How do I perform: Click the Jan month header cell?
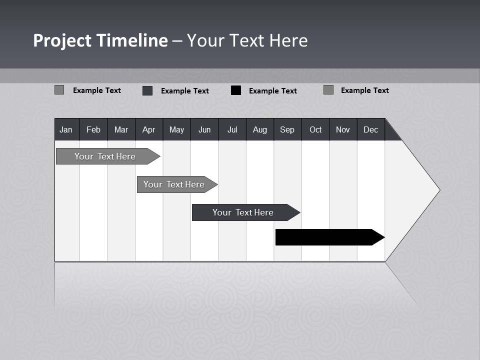66,129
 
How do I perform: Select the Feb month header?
93,129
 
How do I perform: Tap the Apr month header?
149,129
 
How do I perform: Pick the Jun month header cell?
204,129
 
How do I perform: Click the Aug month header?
260,129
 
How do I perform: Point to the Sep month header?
287,129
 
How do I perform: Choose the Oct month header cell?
315,129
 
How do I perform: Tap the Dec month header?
371,129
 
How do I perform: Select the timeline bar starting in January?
105,156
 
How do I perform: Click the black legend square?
236,90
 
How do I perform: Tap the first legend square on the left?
59,90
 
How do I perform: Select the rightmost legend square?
328,90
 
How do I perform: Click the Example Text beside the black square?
272,91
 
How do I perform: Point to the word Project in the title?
62,40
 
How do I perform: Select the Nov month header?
343,129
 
